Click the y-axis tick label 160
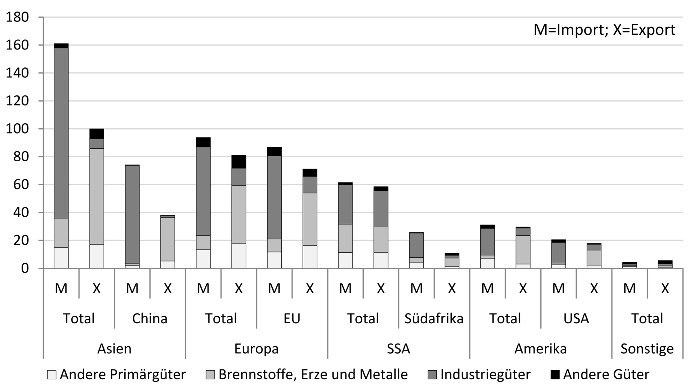[x=17, y=45]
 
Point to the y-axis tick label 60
[x=21, y=184]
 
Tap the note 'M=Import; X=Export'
[x=604, y=30]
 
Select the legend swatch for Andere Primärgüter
[x=52, y=375]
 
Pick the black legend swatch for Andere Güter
[x=555, y=375]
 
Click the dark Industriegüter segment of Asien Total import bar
[x=61, y=133]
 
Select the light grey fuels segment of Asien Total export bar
[x=96, y=196]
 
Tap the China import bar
[x=132, y=216]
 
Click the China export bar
[x=168, y=239]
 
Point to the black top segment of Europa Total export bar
[x=239, y=162]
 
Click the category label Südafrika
[x=434, y=319]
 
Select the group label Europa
[x=256, y=349]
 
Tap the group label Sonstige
[x=647, y=349]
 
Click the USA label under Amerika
[x=576, y=319]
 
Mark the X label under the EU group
[x=310, y=288]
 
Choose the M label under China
[x=132, y=288]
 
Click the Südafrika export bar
[x=452, y=261]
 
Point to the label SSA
[x=398, y=349]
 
